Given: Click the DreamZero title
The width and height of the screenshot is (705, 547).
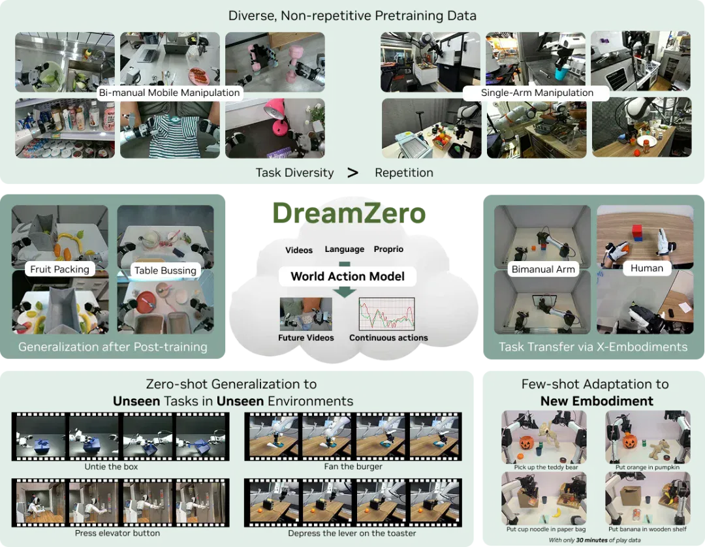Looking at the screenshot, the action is pyautogui.click(x=349, y=213).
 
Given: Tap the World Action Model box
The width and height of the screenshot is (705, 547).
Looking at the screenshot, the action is pyautogui.click(x=347, y=276).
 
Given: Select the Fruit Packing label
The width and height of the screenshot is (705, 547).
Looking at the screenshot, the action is pyautogui.click(x=59, y=269).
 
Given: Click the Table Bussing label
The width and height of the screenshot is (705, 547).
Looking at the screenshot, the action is pyautogui.click(x=165, y=270).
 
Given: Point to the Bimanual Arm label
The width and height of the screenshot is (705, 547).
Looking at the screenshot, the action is pyautogui.click(x=543, y=269).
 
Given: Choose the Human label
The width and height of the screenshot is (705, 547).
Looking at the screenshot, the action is pyautogui.click(x=646, y=268).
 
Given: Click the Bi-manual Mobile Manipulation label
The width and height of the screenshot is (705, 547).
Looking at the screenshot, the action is pyautogui.click(x=169, y=93).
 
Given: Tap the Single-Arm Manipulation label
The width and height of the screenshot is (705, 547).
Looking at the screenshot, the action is pyautogui.click(x=537, y=93).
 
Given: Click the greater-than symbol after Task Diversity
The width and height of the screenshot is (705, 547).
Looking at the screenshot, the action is pyautogui.click(x=353, y=172).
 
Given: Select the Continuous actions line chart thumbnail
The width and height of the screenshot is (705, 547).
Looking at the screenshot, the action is pyautogui.click(x=386, y=314).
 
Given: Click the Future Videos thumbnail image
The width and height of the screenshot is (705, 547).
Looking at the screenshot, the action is pyautogui.click(x=305, y=314).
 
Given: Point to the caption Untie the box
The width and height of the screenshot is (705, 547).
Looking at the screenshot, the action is pyautogui.click(x=111, y=467).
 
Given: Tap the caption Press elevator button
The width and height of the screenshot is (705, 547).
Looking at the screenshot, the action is pyautogui.click(x=117, y=533).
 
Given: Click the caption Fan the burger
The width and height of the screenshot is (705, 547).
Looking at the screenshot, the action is pyautogui.click(x=353, y=467).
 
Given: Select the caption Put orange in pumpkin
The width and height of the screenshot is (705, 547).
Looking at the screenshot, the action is pyautogui.click(x=648, y=467).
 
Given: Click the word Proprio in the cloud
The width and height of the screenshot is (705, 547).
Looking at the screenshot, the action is pyautogui.click(x=388, y=249).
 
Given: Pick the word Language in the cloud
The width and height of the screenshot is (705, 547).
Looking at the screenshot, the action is pyautogui.click(x=345, y=249).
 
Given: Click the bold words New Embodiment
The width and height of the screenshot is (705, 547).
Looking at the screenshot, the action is pyautogui.click(x=597, y=401).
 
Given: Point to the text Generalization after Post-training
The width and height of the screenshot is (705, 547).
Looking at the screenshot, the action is pyautogui.click(x=113, y=347).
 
